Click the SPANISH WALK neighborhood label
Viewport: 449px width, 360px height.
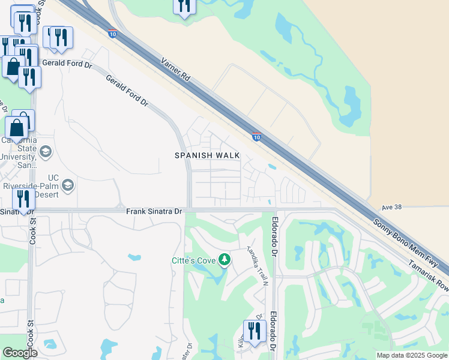click(207, 155)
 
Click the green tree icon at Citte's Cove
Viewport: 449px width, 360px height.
click(224, 259)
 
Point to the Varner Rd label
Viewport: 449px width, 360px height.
click(175, 70)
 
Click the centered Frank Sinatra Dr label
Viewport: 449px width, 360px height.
click(154, 211)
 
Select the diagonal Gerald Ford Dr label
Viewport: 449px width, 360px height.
click(127, 91)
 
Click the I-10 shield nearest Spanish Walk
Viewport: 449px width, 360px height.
click(256, 137)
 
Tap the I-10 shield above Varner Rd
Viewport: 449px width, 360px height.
click(113, 34)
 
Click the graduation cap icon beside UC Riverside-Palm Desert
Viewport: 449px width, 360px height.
click(67, 184)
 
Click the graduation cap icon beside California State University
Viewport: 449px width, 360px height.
click(46, 151)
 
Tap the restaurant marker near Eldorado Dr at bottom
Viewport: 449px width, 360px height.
click(255, 331)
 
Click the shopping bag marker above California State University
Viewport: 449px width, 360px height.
click(17, 127)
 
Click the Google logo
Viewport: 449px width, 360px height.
click(20, 353)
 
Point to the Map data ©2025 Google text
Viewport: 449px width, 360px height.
click(411, 355)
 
